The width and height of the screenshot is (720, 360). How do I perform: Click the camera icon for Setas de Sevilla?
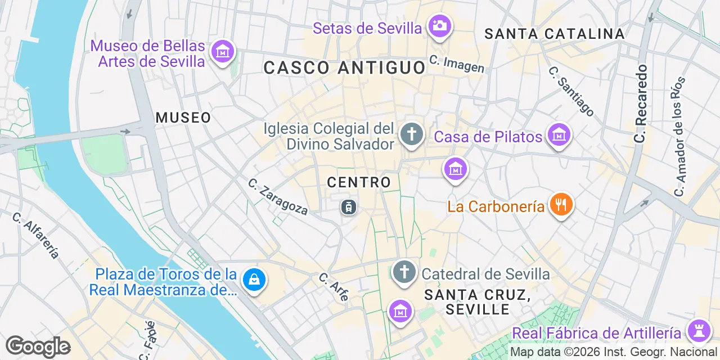click(439, 25)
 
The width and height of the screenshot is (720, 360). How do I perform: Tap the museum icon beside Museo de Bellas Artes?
click(222, 51)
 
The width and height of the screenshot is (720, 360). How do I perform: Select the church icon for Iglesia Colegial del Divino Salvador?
click(411, 134)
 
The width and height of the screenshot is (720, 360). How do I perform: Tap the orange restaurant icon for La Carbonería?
click(560, 204)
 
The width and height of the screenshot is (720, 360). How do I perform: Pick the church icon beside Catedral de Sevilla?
click(404, 272)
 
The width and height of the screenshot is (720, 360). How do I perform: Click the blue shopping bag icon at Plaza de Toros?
click(254, 279)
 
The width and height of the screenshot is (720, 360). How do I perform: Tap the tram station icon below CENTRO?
click(349, 207)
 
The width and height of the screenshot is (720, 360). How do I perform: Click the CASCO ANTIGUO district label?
click(344, 68)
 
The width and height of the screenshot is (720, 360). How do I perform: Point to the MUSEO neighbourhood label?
click(183, 118)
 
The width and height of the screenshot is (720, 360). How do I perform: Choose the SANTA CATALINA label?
click(555, 34)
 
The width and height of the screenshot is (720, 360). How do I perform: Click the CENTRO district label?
click(359, 182)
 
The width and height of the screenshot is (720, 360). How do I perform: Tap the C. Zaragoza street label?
click(278, 196)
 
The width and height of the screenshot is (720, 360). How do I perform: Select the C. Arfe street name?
click(334, 286)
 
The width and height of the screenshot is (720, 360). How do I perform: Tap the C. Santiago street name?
click(570, 92)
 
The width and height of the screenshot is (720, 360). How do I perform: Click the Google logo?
click(38, 346)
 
